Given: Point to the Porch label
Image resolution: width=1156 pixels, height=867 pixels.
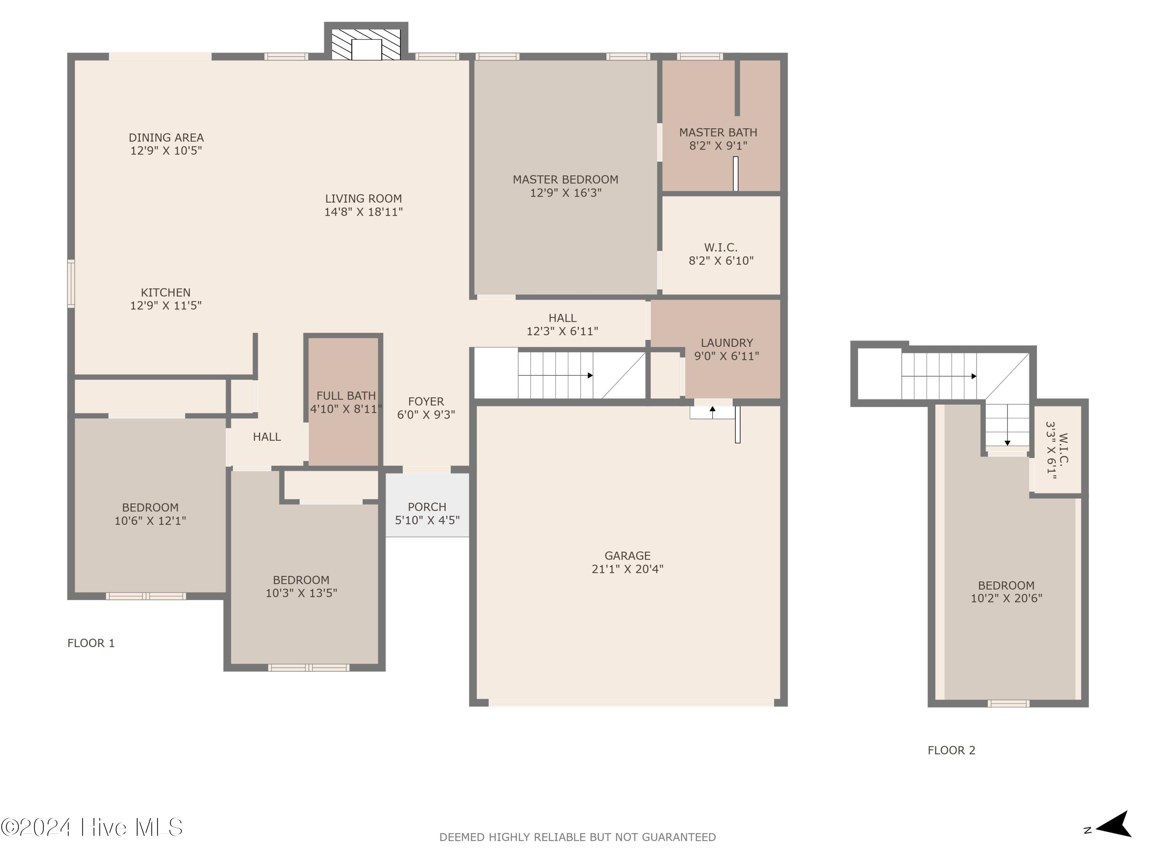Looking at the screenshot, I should click(x=427, y=507).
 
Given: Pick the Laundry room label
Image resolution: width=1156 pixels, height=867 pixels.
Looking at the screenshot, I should click(x=726, y=343).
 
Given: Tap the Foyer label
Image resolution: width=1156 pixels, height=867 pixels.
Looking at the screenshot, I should click(x=426, y=402).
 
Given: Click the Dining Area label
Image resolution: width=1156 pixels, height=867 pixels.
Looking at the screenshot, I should click(x=166, y=138).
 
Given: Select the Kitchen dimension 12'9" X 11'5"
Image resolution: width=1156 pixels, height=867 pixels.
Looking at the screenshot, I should click(x=166, y=306).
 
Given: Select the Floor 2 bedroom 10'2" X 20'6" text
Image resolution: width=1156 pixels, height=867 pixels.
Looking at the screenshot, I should click(x=1006, y=598).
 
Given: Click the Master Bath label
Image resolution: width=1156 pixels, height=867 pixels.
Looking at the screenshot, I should click(x=718, y=133).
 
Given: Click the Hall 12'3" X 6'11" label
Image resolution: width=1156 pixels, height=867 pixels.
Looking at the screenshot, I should click(x=562, y=324).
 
